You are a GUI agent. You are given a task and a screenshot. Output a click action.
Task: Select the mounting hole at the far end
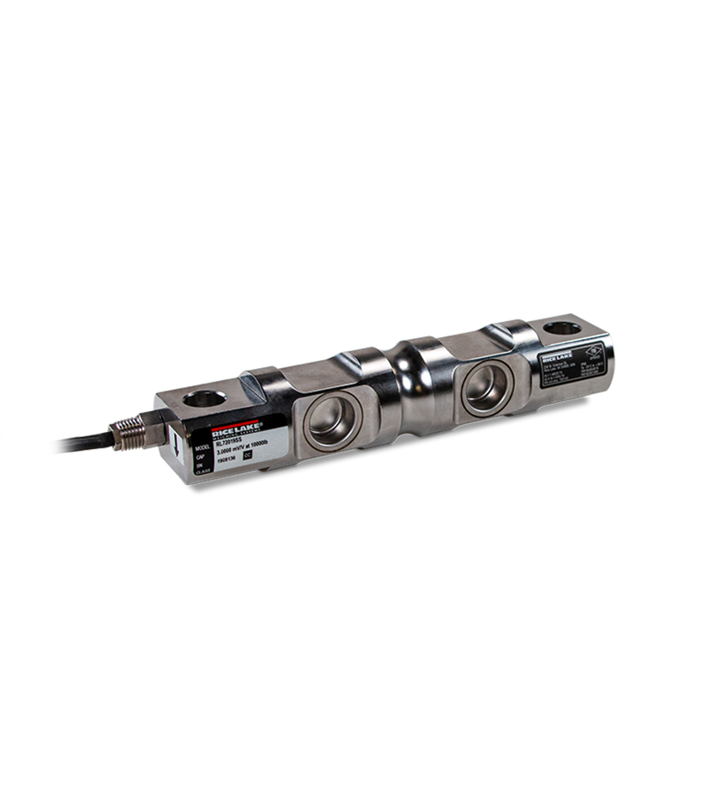tap(561, 328)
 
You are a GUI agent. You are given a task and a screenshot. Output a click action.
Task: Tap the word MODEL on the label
tap(202, 447)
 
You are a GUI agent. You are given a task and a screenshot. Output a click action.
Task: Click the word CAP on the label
tap(200, 457)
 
